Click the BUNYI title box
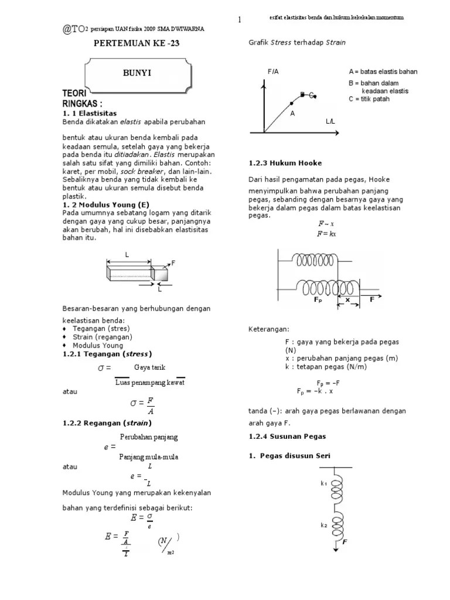[x=132, y=74]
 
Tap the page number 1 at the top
[x=240, y=21]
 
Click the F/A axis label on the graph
[x=274, y=71]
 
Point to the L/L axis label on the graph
[x=330, y=121]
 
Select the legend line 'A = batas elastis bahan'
[x=383, y=71]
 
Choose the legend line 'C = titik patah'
[x=369, y=99]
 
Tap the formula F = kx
[x=326, y=233]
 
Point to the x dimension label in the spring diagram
[x=347, y=299]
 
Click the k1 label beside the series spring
[x=323, y=483]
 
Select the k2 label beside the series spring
[x=323, y=525]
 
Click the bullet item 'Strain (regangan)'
[x=102, y=337]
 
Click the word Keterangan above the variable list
[x=268, y=329]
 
